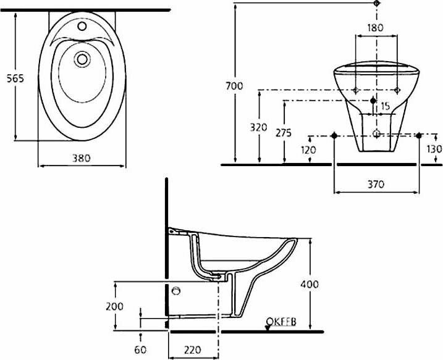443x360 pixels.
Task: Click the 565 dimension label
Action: click(15, 78)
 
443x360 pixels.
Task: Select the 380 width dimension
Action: click(82, 158)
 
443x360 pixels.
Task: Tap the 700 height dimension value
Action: click(234, 86)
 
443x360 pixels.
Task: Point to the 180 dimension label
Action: click(376, 28)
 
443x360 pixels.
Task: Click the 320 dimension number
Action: click(258, 128)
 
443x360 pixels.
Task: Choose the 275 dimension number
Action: click(284, 133)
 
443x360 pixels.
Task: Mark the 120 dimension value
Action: click(308, 150)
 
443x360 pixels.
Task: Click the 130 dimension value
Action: click(434, 149)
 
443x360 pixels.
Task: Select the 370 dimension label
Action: click(376, 185)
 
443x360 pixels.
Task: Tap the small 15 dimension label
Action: click(386, 106)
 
